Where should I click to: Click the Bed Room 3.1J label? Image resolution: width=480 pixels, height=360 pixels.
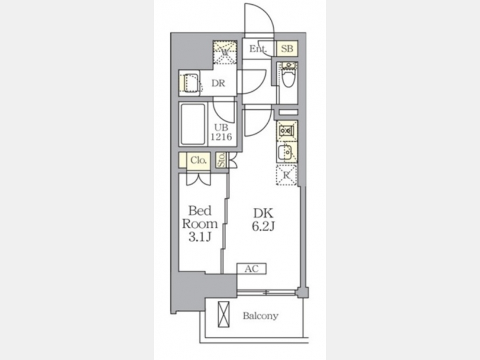coord(199,224)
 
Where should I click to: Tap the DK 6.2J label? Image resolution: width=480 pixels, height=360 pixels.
coord(263,220)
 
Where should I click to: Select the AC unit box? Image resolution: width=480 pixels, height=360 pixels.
coord(251,269)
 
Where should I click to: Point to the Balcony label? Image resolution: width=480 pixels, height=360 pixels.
coord(260,316)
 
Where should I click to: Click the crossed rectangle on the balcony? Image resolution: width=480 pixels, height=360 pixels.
coord(223,314)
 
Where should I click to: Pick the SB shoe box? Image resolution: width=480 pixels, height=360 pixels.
coord(287,49)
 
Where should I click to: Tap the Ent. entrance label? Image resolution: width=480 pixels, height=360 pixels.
coord(258,49)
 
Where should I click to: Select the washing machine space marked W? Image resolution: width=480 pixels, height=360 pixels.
coord(225,52)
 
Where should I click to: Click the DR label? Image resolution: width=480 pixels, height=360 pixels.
coord(218,83)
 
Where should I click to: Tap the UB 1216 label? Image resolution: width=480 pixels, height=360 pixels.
coord(221,132)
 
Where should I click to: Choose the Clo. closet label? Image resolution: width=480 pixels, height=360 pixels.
coord(198,160)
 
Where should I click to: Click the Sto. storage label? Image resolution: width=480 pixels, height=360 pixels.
coord(221,160)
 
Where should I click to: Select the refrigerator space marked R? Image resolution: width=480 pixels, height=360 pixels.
coord(286,175)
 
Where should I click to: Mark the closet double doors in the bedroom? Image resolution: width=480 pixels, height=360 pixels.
coord(199,179)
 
